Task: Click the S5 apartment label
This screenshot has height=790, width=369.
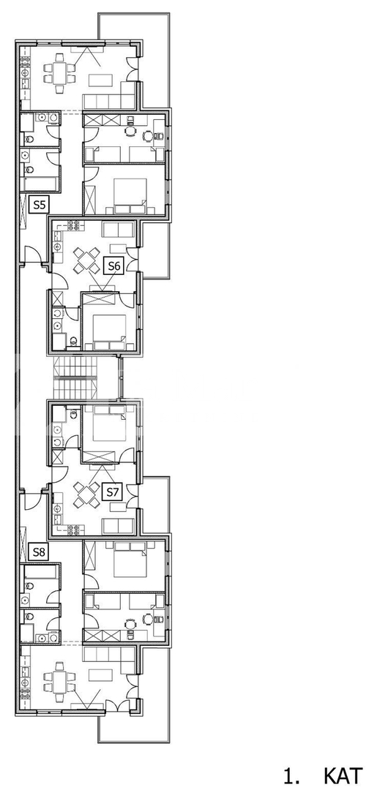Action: click(x=40, y=205)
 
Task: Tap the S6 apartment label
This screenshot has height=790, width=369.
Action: click(x=113, y=266)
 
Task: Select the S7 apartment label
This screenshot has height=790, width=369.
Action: click(x=112, y=492)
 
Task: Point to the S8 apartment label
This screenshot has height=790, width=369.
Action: click(x=40, y=552)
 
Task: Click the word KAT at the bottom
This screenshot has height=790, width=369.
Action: click(x=343, y=775)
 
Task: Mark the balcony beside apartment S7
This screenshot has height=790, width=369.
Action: click(x=154, y=505)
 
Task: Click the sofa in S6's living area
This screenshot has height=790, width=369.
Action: click(x=119, y=229)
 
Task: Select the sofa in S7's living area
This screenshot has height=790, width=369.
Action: click(x=119, y=526)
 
